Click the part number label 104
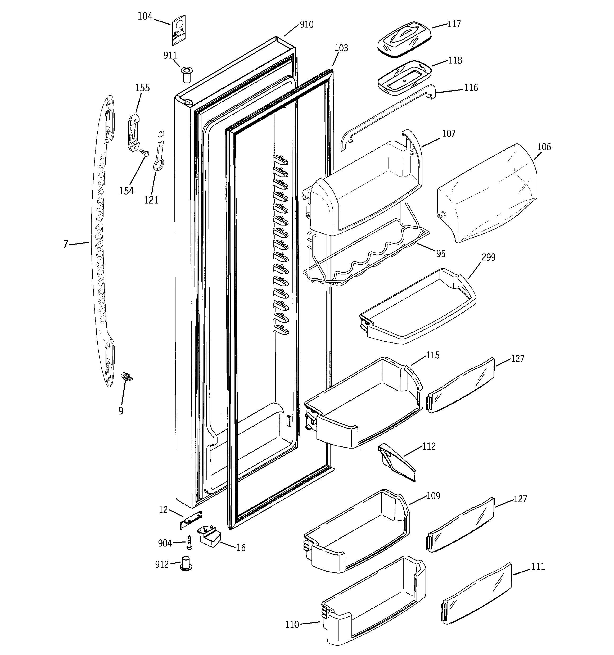[x=145, y=16]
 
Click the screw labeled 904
[x=189, y=542]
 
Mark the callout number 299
[x=489, y=257]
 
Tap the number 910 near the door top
[x=306, y=24]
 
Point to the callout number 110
[x=292, y=624]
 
